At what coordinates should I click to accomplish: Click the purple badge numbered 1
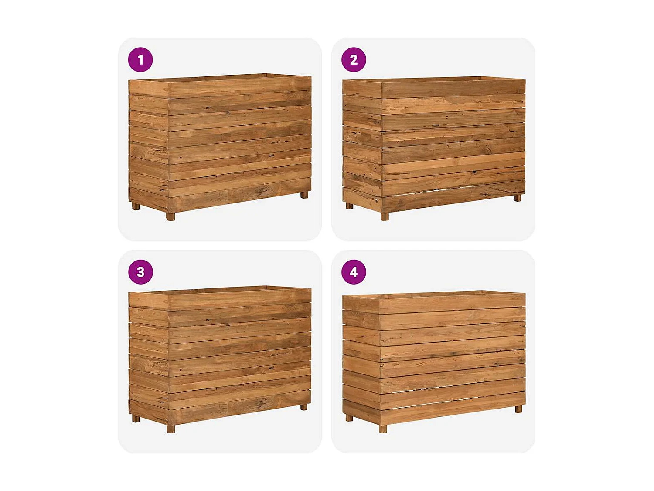point(140,60)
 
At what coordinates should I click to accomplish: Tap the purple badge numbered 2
point(354,60)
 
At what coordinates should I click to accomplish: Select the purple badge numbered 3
point(140,272)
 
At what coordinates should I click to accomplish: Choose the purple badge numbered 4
point(354,272)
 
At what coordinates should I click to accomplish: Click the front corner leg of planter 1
point(170,216)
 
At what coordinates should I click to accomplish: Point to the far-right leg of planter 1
point(304,195)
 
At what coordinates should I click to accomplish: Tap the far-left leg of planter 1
point(136,206)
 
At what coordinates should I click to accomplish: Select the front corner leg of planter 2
point(385,216)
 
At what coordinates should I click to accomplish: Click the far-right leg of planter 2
point(518,198)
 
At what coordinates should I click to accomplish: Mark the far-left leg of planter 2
point(349,206)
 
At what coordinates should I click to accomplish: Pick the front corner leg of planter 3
point(170,429)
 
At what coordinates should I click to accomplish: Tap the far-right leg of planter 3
point(304,407)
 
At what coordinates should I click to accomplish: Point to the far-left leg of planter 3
point(136,419)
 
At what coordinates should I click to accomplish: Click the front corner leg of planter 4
point(383,429)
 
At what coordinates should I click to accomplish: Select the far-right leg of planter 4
point(518,409)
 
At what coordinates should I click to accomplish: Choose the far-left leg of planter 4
point(349,418)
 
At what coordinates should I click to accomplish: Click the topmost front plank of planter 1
point(240,86)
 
